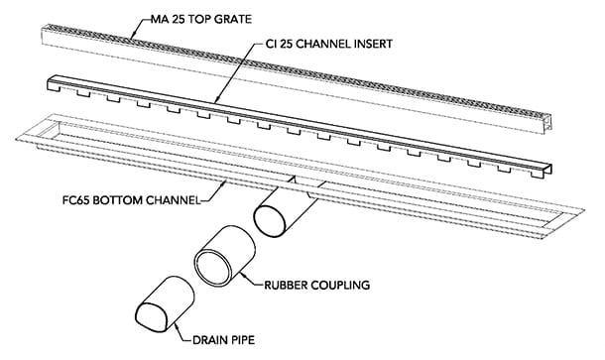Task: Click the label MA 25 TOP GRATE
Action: point(201,19)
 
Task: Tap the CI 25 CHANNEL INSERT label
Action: point(329,44)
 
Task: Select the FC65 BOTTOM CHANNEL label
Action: point(131,200)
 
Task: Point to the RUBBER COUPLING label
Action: point(316,286)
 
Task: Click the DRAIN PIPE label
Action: point(223,340)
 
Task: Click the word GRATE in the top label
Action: point(233,19)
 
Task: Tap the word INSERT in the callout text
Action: point(373,44)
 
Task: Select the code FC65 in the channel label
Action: point(75,200)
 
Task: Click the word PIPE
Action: point(242,340)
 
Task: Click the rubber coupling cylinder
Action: point(224,257)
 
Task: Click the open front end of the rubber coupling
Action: point(212,268)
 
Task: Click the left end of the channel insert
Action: point(50,83)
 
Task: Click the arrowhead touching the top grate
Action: point(133,35)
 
